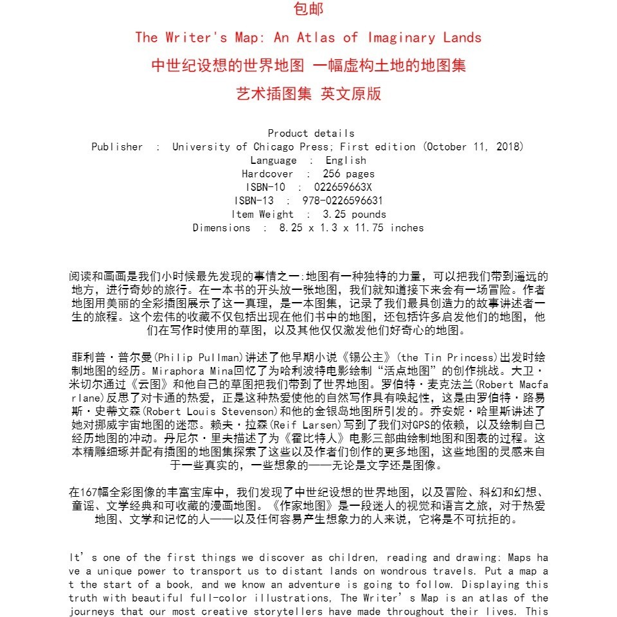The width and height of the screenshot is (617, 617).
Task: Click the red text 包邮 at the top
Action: pyautogui.click(x=308, y=9)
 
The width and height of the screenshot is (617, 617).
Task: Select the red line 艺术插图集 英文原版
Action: pyautogui.click(x=308, y=94)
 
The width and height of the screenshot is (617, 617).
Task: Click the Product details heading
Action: pyautogui.click(x=311, y=133)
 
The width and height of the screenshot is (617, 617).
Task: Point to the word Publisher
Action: pyautogui.click(x=117, y=147)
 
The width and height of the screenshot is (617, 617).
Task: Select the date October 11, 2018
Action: pyautogui.click(x=474, y=147)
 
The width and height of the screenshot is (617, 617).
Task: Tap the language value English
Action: pyautogui.click(x=346, y=160)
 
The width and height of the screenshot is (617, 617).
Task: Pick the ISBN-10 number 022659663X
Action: pyautogui.click(x=343, y=187)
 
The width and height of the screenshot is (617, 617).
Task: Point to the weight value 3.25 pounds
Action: pyautogui.click(x=354, y=214)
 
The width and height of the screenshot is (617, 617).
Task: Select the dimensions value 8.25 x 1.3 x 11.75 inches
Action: pyautogui.click(x=352, y=228)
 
